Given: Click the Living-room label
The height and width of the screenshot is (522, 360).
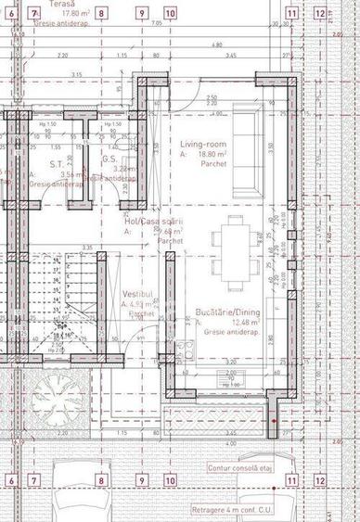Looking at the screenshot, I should pos(203,146).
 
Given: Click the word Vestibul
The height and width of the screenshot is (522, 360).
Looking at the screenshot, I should pos(136,294).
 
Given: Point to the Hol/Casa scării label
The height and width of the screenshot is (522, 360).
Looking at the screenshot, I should pos(154,223).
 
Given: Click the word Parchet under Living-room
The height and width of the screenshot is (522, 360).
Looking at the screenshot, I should pos(201,163).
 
